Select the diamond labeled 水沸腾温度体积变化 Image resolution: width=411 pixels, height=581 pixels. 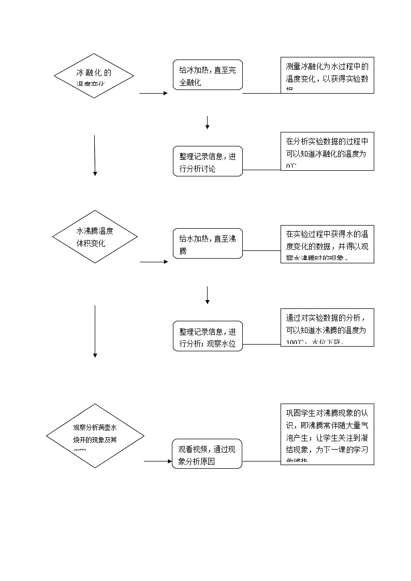click(x=95, y=237)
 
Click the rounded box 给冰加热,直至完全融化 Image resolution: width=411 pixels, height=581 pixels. click(x=207, y=75)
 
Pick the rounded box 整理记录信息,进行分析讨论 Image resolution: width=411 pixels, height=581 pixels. click(x=207, y=161)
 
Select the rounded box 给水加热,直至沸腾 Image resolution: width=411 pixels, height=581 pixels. click(x=207, y=244)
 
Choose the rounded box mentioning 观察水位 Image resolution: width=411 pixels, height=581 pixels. click(x=207, y=336)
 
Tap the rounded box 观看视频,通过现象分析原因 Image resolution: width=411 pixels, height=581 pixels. click(x=207, y=454)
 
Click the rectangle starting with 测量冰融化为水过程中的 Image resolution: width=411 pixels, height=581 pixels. click(x=327, y=75)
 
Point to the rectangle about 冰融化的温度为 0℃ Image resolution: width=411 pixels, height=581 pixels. click(x=327, y=151)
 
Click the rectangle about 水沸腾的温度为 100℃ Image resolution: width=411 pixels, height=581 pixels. click(x=327, y=327)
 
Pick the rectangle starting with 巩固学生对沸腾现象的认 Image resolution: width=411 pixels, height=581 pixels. click(x=327, y=434)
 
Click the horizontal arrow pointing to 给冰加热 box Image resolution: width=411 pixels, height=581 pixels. click(x=154, y=94)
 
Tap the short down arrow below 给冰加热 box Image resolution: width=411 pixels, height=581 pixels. click(x=207, y=123)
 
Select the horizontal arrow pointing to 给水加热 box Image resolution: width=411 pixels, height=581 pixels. click(x=154, y=262)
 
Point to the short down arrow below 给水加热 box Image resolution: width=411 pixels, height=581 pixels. click(x=207, y=295)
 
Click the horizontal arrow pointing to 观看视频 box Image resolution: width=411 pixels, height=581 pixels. click(x=158, y=461)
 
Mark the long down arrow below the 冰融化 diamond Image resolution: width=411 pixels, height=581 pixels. click(x=95, y=156)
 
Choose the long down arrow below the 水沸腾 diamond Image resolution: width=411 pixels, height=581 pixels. click(x=95, y=331)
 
